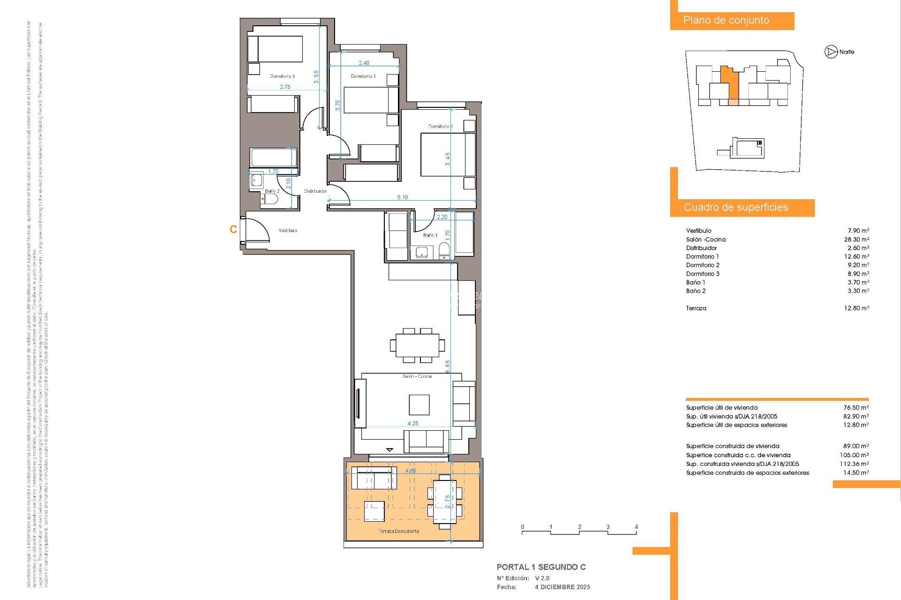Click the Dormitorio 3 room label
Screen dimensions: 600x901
click(282, 76)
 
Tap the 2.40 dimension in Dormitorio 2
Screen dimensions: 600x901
click(364, 63)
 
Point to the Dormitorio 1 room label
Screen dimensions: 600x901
click(440, 127)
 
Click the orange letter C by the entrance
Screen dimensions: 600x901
click(233, 229)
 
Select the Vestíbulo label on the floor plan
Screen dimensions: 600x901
click(288, 230)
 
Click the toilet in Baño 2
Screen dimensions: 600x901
click(269, 200)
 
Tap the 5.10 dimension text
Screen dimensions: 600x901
click(402, 197)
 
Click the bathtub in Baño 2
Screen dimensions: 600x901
click(272, 157)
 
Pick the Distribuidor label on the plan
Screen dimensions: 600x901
click(315, 191)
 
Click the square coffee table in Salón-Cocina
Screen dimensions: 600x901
click(419, 405)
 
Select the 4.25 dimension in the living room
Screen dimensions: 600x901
click(412, 423)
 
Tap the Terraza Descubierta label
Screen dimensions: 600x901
click(398, 531)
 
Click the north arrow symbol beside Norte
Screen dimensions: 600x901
click(831, 52)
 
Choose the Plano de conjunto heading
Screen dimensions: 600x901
click(726, 21)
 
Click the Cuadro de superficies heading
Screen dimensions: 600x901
click(735, 207)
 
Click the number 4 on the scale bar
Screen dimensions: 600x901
click(636, 527)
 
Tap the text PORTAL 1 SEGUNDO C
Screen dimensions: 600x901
click(541, 567)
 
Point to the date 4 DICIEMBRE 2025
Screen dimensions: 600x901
click(562, 587)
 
